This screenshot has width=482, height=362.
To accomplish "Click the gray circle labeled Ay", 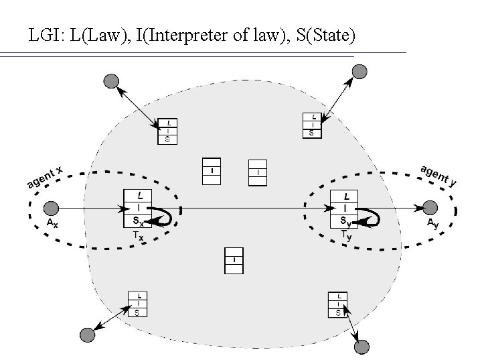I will pyautogui.click(x=430, y=208).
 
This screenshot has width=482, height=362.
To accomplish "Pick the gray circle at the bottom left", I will pyautogui.click(x=87, y=334).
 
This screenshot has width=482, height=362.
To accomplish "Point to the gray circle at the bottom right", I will pyautogui.click(x=361, y=347).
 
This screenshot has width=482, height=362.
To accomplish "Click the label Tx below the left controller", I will pyautogui.click(x=137, y=236).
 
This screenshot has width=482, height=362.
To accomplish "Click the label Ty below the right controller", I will pyautogui.click(x=345, y=235).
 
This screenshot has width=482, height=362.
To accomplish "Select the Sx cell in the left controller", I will pyautogui.click(x=137, y=221).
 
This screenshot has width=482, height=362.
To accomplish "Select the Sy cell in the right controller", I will pyautogui.click(x=345, y=221).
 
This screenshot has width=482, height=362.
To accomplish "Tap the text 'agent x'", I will pyautogui.click(x=44, y=177).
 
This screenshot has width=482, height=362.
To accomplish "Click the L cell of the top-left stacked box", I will pyautogui.click(x=167, y=123).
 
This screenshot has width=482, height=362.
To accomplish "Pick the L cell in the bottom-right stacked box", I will pyautogui.click(x=339, y=296).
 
